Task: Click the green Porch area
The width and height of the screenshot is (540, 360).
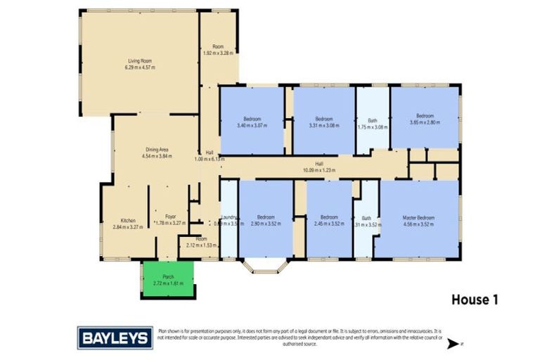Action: [x=168, y=279]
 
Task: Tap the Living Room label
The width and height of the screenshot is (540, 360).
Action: [x=139, y=61]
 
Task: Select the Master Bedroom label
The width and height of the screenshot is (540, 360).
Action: [x=418, y=217]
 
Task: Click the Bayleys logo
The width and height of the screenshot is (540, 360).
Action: [x=115, y=337]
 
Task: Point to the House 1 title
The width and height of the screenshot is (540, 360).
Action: [x=474, y=300]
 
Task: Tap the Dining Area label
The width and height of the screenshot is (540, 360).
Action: [x=156, y=150]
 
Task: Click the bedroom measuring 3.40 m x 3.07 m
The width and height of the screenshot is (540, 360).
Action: [x=252, y=122]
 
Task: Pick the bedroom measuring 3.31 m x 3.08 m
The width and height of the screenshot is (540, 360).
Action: [x=323, y=122]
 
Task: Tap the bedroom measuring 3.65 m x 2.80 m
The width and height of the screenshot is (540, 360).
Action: [x=425, y=118]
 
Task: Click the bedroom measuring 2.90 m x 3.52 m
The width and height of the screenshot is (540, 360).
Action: [x=265, y=220]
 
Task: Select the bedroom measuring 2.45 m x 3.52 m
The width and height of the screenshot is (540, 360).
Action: [x=329, y=220]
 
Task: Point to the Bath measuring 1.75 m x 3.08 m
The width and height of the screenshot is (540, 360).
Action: [x=372, y=124]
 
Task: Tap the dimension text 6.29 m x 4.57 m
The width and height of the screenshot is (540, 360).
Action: [x=139, y=67]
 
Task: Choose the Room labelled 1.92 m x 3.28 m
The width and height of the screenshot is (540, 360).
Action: [x=217, y=49]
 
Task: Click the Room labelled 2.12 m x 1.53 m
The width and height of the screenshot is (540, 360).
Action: [x=201, y=243]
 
